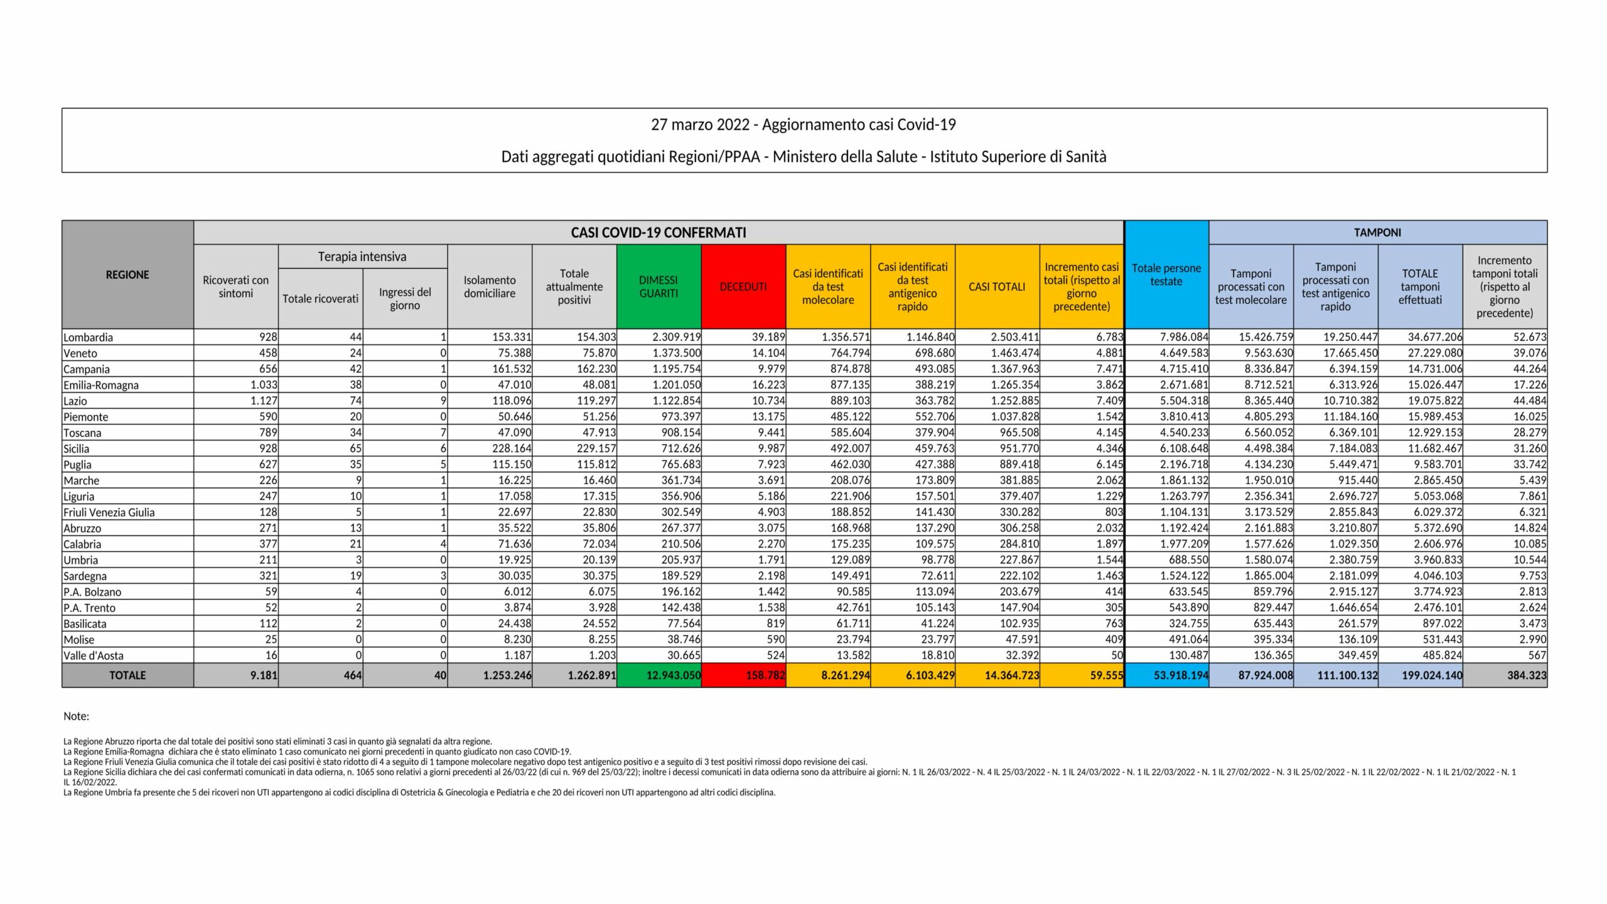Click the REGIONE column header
pyautogui.click(x=127, y=274)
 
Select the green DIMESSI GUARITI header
pyautogui.click(x=658, y=286)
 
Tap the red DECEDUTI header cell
pyautogui.click(x=743, y=286)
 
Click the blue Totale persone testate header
pyautogui.click(x=1166, y=274)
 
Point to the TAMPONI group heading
pyautogui.click(x=1377, y=232)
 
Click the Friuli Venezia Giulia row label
pyautogui.click(x=109, y=512)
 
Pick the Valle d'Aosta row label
pyautogui.click(x=94, y=655)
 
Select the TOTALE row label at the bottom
pyautogui.click(x=127, y=675)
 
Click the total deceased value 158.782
pyautogui.click(x=765, y=675)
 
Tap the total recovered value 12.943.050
pyautogui.click(x=674, y=675)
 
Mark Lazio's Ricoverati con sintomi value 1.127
pyautogui.click(x=263, y=401)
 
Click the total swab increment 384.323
pyautogui.click(x=1527, y=675)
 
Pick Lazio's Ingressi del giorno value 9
pyautogui.click(x=443, y=401)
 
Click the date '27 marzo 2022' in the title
pyautogui.click(x=700, y=124)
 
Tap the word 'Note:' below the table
pyautogui.click(x=77, y=716)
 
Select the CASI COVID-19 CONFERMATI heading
pyautogui.click(x=658, y=232)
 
